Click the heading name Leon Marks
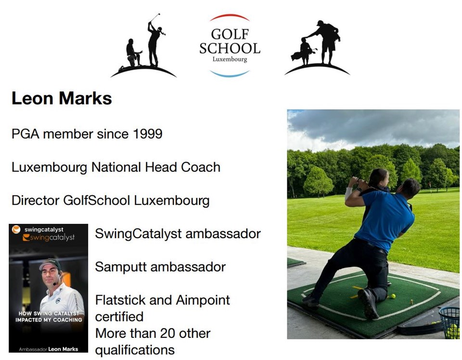62,98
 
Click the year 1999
147,134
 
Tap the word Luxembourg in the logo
230,59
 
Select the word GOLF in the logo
230,34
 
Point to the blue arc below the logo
230,75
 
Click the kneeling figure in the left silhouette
133,53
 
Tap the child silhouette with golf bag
304,52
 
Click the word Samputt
121,267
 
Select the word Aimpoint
203,300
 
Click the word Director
35,200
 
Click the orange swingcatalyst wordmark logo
49,237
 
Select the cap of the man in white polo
51,264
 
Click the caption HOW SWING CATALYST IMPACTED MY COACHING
49,317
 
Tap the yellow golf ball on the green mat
393,296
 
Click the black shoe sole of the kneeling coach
368,303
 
